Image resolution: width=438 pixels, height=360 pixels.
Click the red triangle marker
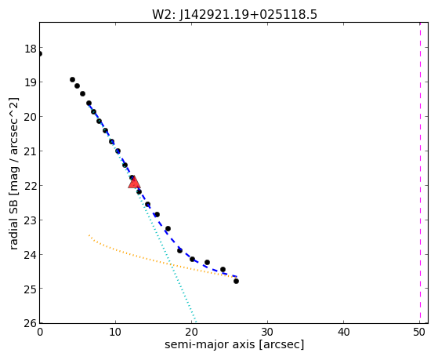click(x=134, y=183)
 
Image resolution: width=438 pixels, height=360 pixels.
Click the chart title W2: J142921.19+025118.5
click(x=234, y=14)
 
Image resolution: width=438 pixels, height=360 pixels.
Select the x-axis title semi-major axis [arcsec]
click(x=234, y=344)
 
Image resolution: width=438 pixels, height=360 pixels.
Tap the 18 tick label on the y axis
click(x=31, y=49)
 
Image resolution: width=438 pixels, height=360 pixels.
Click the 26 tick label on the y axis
click(x=31, y=323)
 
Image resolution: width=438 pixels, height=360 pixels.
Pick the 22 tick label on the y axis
click(x=31, y=186)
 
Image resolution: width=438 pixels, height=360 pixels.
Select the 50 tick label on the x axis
click(x=419, y=332)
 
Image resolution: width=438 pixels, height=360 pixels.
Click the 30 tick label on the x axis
click(x=268, y=332)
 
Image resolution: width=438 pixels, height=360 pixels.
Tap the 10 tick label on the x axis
click(x=115, y=332)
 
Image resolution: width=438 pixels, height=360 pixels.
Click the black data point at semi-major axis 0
click(x=40, y=53)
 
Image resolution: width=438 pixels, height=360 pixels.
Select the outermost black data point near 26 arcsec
click(x=236, y=281)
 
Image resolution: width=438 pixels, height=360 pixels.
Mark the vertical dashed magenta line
click(x=420, y=173)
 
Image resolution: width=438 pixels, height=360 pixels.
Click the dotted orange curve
click(x=162, y=260)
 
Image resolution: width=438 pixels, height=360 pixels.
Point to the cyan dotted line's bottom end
click(x=196, y=322)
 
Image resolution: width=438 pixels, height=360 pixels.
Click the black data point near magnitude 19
click(x=72, y=80)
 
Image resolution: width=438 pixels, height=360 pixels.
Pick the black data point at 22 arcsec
click(x=207, y=263)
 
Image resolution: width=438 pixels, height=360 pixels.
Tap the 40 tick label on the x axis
click(x=344, y=332)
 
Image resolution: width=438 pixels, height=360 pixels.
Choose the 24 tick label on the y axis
click(x=31, y=255)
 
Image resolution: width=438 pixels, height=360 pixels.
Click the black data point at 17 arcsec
click(x=168, y=228)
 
